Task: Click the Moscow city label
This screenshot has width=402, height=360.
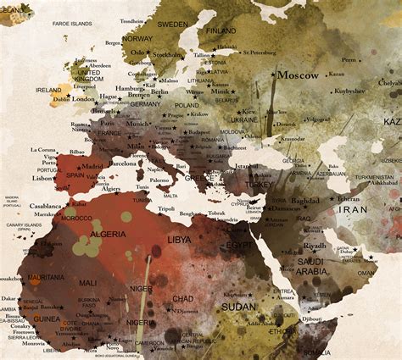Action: (x=298, y=75)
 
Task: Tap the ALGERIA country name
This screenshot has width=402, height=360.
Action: (x=108, y=234)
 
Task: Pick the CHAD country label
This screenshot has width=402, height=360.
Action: (x=182, y=298)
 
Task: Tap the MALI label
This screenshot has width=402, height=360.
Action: (x=87, y=283)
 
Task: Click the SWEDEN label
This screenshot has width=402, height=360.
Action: (x=173, y=25)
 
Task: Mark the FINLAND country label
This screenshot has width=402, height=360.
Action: (x=221, y=31)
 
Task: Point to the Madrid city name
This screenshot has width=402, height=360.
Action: (x=92, y=167)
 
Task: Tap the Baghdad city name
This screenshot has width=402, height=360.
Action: (x=304, y=201)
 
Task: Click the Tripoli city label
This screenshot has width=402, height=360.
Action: (x=166, y=208)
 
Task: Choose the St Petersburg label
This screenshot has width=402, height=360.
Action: (x=262, y=53)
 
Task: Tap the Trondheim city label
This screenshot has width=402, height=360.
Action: (x=132, y=20)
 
